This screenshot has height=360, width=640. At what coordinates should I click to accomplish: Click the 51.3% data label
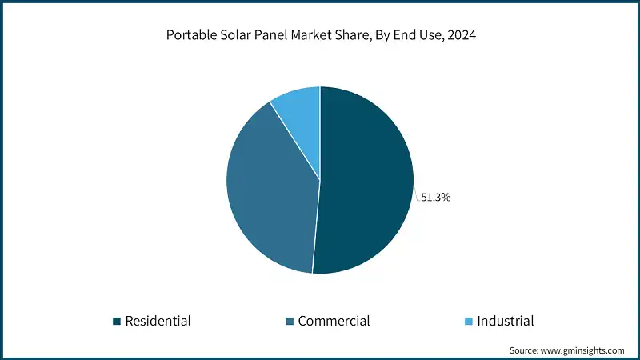tap(436, 197)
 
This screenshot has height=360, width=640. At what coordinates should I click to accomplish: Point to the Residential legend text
tap(158, 321)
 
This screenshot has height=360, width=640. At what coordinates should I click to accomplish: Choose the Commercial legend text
tap(334, 321)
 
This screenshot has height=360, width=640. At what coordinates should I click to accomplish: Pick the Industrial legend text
tap(505, 321)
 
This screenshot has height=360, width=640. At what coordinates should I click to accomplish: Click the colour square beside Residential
tap(117, 322)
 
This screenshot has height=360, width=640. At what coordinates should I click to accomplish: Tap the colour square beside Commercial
tap(290, 322)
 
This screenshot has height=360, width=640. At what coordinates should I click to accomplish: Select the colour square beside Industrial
tap(469, 322)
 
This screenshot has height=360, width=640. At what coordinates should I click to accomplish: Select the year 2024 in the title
tap(458, 36)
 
